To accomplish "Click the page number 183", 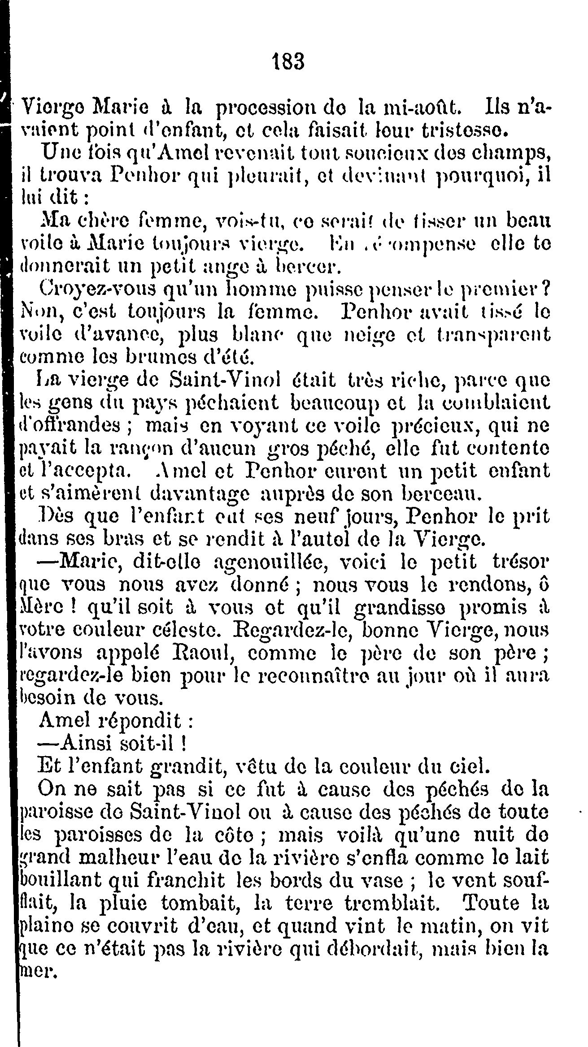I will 289,62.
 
